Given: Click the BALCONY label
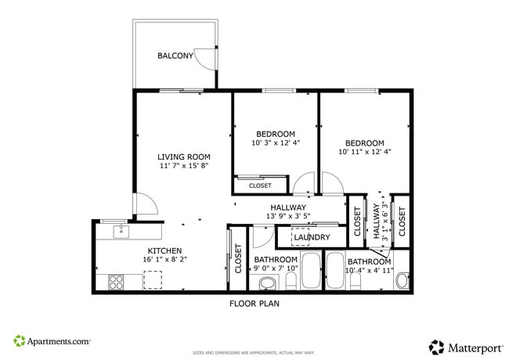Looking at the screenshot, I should click(175, 56).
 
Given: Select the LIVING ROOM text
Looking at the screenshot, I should click(183, 157).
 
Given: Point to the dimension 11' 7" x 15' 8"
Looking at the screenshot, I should click(183, 166).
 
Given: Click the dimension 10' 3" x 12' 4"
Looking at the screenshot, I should click(275, 143).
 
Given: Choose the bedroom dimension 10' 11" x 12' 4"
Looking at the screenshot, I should click(364, 152).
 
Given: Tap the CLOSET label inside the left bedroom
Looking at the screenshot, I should click(260, 185).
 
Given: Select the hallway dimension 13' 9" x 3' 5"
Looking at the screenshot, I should click(288, 216).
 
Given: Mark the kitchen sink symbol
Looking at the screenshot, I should click(121, 231).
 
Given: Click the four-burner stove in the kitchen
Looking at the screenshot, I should click(117, 280).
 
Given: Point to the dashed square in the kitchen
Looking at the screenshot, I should click(153, 279).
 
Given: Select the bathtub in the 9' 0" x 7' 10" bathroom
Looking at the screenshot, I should click(311, 271).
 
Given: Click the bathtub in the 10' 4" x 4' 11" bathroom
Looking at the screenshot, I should click(335, 271).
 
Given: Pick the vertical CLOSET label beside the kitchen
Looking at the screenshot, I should click(238, 259).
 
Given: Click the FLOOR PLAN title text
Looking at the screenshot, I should click(254, 304).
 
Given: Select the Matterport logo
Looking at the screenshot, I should click(464, 345).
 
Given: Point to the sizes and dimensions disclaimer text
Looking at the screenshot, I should click(254, 352).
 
